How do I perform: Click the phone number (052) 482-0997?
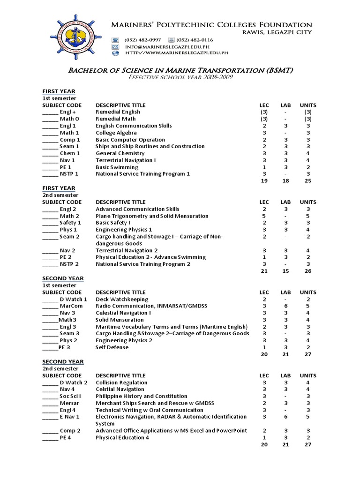(142, 40)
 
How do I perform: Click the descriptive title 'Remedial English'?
(118, 112)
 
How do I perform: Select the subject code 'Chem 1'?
(69, 153)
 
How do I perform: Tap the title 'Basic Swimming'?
(117, 167)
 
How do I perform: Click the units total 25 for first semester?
(308, 181)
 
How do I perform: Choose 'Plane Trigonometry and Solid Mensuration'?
(152, 216)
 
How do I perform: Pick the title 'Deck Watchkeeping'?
(122, 299)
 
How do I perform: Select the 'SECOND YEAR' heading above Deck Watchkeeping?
(63, 278)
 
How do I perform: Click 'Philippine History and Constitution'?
(144, 396)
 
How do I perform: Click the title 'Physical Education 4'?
(122, 437)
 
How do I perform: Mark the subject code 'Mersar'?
(69, 403)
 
